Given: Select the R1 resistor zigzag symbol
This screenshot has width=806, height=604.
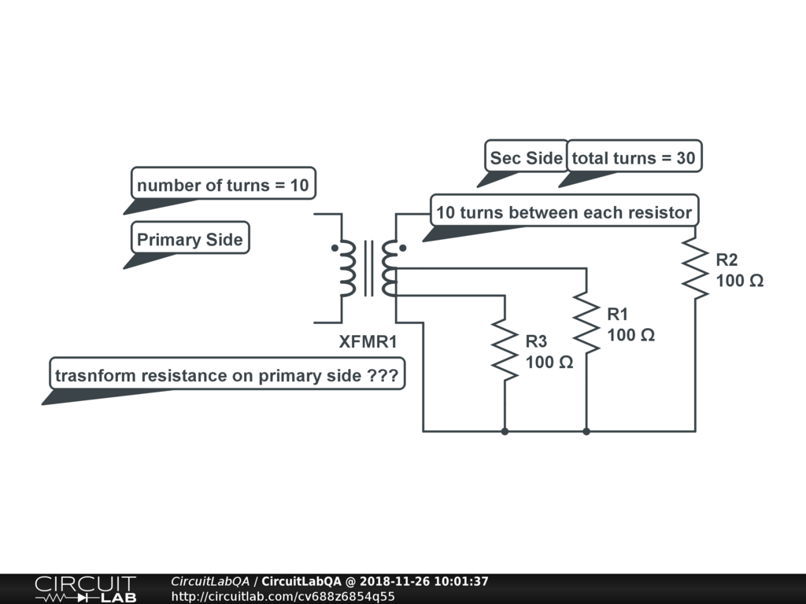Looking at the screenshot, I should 586,323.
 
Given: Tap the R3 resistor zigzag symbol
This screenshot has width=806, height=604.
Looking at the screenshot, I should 504,350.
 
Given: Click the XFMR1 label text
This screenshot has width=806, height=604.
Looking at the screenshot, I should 368,342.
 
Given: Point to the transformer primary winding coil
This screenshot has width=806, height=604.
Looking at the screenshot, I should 347,268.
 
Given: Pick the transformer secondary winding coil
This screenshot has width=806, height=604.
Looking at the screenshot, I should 390,268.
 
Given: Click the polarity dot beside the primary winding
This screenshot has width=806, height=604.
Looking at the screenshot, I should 335,249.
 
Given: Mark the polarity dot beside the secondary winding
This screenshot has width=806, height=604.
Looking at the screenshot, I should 402,249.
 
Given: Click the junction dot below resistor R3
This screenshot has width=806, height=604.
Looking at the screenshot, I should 504,431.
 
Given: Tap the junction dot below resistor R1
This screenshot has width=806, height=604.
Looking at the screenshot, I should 586,431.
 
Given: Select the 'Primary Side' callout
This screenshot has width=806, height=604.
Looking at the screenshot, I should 190,240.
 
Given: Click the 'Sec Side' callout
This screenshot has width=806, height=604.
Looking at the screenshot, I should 526,158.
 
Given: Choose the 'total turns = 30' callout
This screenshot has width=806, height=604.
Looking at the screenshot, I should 634,158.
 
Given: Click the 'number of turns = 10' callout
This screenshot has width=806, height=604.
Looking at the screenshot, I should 223,186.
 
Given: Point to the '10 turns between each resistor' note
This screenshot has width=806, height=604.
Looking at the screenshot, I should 564,212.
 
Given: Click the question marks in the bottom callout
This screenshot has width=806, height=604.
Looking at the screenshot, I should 383,376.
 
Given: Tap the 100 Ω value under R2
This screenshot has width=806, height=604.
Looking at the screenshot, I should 739,280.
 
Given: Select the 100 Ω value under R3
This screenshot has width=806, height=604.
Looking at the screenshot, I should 549,363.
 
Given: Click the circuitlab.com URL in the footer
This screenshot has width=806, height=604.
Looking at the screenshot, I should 283,596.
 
